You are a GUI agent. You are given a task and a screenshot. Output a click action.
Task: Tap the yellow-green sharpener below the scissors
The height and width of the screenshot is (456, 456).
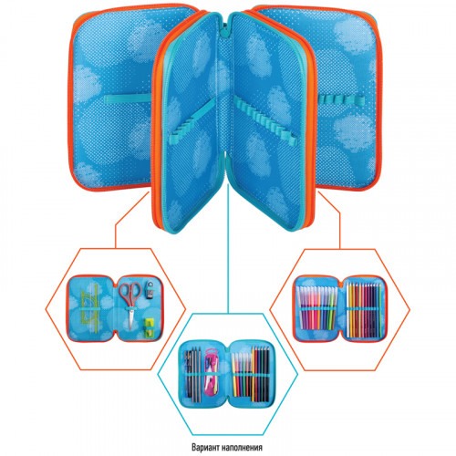(x=150, y=327)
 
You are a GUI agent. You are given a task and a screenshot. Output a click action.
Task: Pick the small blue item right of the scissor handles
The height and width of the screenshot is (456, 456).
(x=149, y=289)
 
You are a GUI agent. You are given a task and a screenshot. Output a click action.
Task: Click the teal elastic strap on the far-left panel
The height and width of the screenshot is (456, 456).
(x=128, y=98)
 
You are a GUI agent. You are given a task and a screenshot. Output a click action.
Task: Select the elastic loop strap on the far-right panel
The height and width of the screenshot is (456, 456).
(x=340, y=98)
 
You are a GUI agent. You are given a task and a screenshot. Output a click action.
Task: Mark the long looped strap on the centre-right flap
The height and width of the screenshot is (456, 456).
(x=264, y=121)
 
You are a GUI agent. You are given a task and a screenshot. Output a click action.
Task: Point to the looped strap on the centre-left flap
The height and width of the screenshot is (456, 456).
(x=193, y=121)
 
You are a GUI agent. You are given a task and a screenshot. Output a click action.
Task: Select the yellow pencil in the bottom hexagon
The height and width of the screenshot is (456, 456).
(x=254, y=374)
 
